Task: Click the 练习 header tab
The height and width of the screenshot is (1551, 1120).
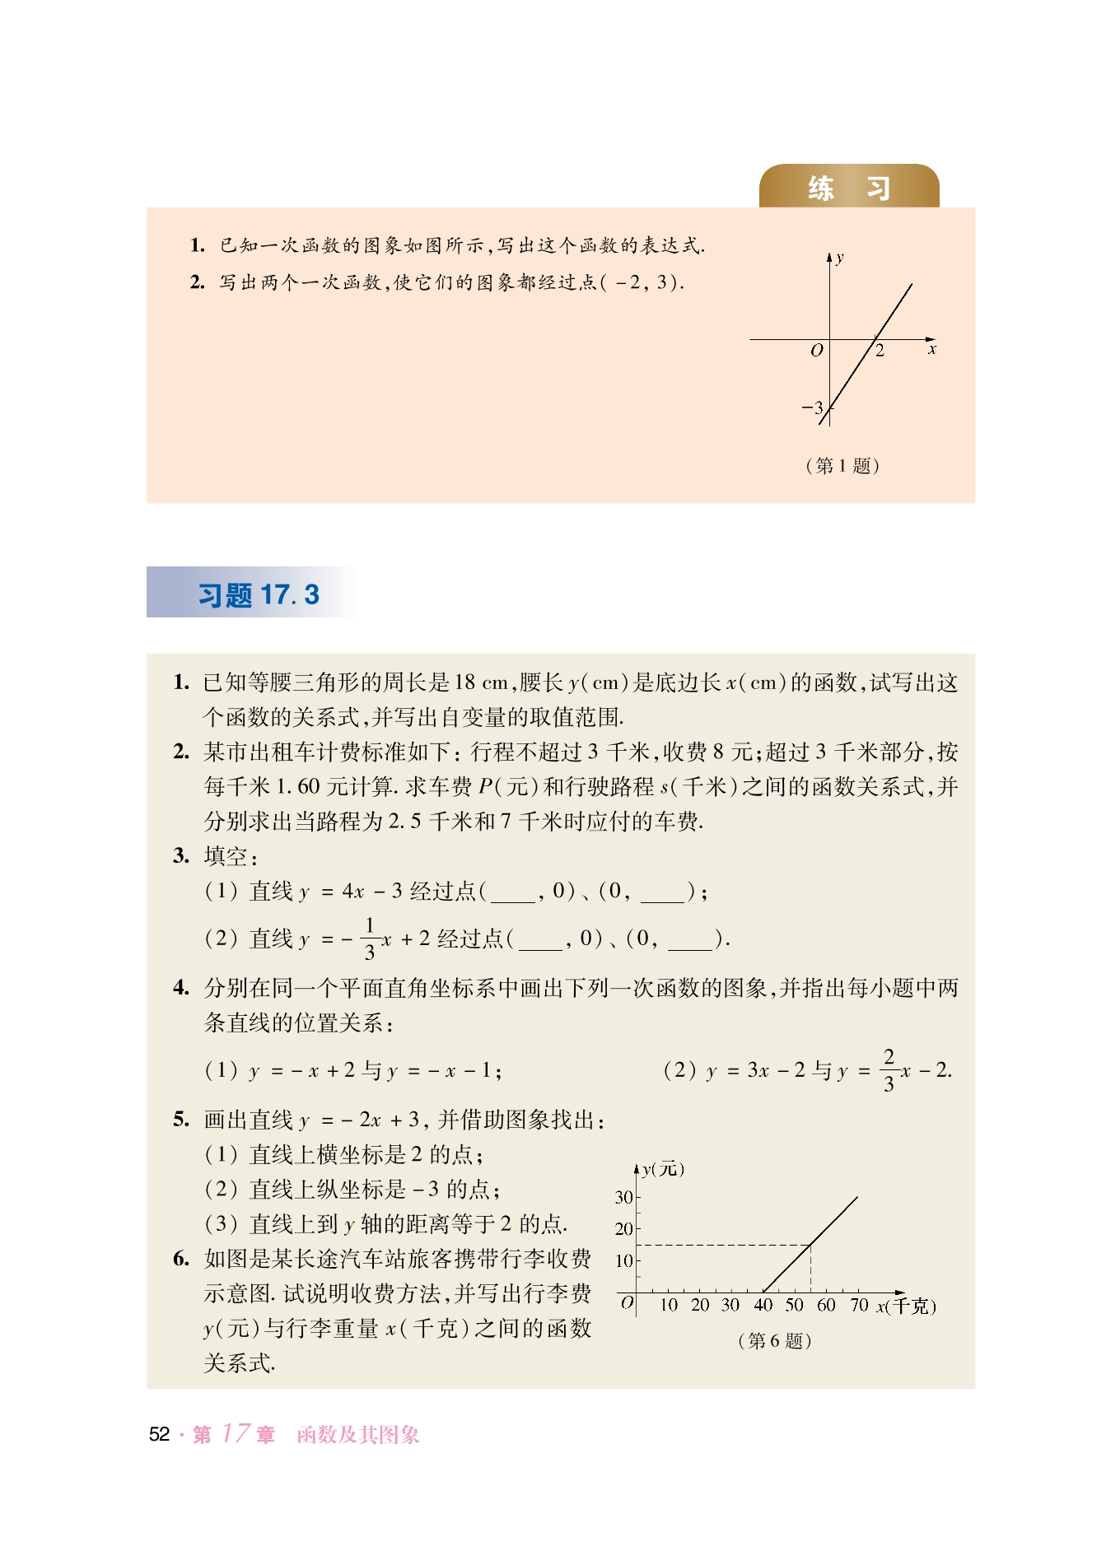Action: (848, 188)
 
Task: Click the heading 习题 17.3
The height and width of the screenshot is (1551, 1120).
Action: (258, 594)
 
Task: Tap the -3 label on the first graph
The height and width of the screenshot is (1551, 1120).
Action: (812, 408)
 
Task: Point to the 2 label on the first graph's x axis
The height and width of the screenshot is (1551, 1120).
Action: (880, 352)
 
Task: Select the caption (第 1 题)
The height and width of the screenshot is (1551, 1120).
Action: (842, 466)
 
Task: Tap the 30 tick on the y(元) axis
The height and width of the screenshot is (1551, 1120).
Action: (623, 1197)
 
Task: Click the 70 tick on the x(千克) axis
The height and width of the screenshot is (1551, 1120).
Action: (859, 1305)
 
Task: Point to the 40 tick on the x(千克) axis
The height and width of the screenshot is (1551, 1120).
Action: (763, 1305)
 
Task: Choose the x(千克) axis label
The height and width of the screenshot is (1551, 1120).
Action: (906, 1306)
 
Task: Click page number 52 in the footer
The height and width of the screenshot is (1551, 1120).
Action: (159, 1435)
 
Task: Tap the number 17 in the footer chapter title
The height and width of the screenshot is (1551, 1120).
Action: (236, 1433)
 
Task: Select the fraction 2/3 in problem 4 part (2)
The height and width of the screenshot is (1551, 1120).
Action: (889, 1070)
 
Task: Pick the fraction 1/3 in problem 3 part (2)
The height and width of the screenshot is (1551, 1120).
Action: (370, 939)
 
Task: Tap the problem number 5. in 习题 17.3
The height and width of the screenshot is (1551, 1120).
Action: (181, 1120)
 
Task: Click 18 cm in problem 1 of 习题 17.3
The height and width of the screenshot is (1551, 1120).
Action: (482, 682)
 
